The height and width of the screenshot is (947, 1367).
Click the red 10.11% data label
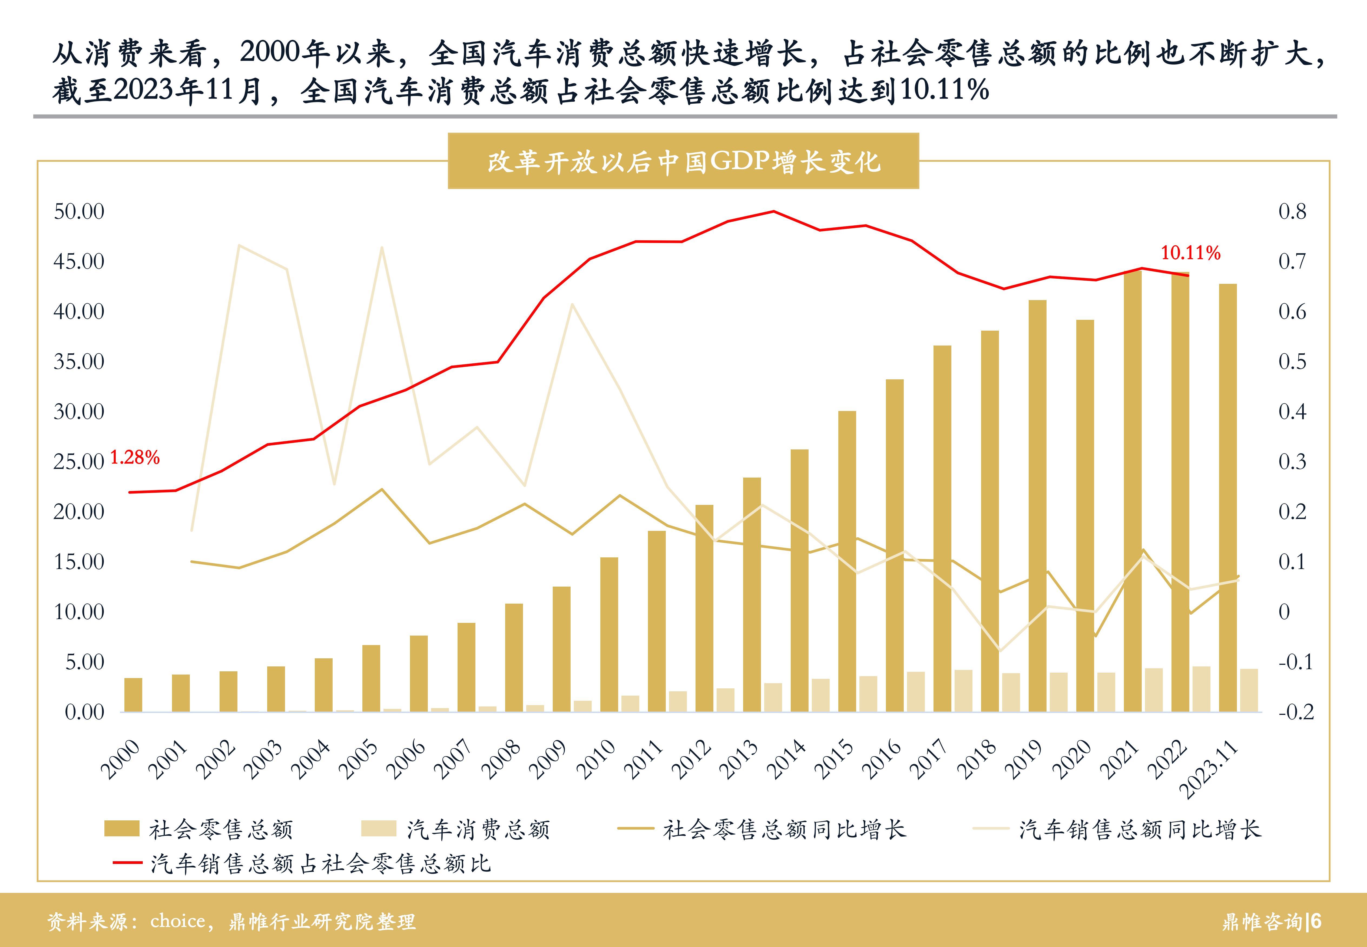pyautogui.click(x=1190, y=253)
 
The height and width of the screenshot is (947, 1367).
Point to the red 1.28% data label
pyautogui.click(x=135, y=458)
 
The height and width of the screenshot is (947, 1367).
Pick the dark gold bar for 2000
pyautogui.click(x=133, y=695)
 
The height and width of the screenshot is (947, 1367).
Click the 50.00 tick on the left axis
pyautogui.click(x=79, y=212)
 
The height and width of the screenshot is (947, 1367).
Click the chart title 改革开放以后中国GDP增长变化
pyautogui.click(x=683, y=161)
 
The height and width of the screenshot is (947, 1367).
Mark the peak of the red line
pyautogui.click(x=773, y=211)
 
